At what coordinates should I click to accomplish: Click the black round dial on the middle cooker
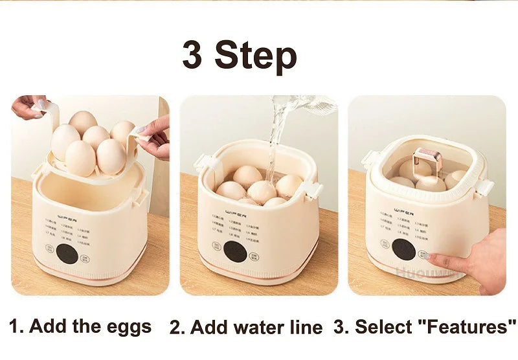(234, 251)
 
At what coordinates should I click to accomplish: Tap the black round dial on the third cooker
(403, 250)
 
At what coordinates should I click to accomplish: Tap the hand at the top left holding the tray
(28, 106)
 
